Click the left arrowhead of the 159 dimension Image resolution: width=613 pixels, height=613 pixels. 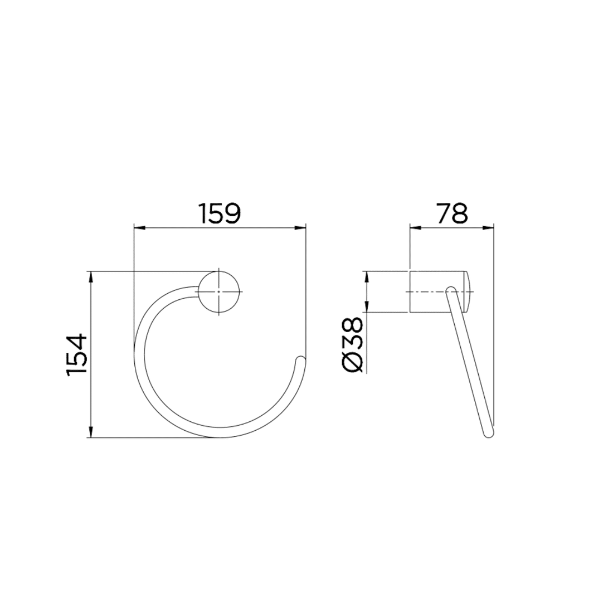point(138,227)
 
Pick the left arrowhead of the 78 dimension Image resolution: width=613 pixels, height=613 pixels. point(414,227)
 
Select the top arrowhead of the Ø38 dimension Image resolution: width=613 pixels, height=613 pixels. point(366,275)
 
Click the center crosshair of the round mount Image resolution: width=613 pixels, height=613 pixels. point(220,292)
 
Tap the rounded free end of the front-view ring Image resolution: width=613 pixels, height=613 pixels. point(301,359)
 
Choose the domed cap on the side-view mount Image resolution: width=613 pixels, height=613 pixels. point(468,292)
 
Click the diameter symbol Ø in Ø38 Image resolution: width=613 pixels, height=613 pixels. point(352,362)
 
